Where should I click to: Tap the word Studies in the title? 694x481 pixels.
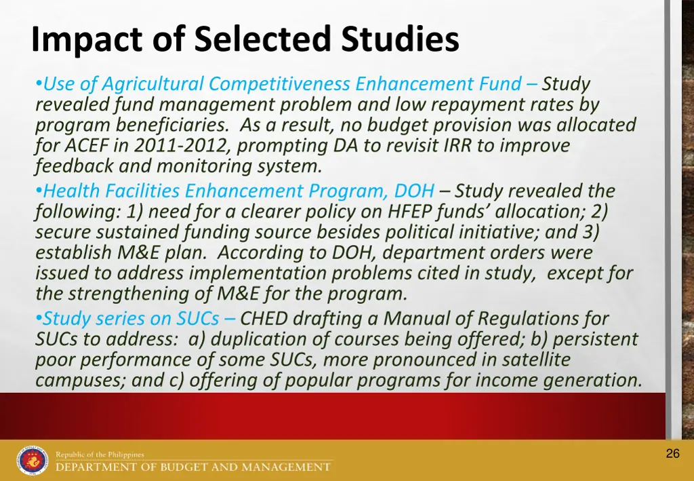click(x=399, y=40)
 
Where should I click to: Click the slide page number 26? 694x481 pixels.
click(x=672, y=454)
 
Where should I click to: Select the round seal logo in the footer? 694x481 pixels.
click(x=33, y=461)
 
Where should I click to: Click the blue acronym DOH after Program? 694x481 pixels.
click(x=414, y=191)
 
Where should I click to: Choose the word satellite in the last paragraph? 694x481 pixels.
click(x=532, y=359)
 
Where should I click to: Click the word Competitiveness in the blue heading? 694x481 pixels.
click(x=280, y=84)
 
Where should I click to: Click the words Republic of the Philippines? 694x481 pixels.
click(x=100, y=455)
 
